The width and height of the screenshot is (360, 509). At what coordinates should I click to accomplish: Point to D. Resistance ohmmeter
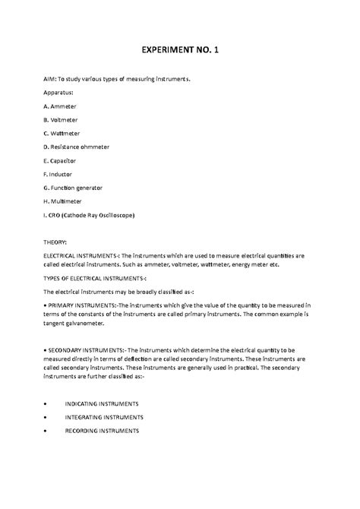click(81, 147)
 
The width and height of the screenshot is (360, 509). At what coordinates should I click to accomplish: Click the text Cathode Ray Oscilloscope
click(101, 215)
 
